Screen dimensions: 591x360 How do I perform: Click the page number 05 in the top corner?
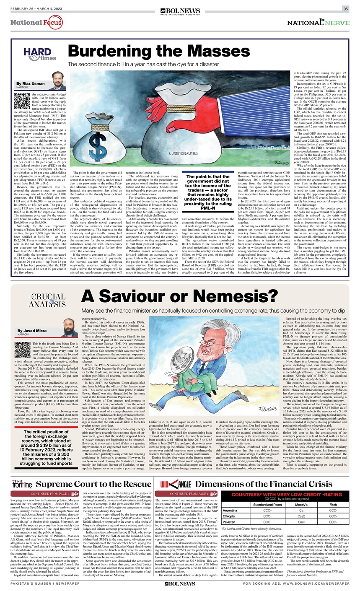[x=346, y=9]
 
